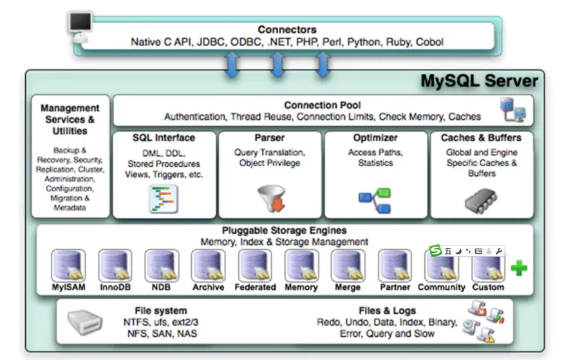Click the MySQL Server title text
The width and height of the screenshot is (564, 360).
pyautogui.click(x=479, y=81)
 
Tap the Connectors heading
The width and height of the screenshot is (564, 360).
pyautogui.click(x=287, y=30)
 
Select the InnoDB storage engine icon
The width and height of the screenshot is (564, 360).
pyautogui.click(x=115, y=265)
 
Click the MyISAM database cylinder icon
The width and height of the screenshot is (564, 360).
pyautogui.click(x=68, y=265)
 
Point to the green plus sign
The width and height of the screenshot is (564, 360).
pyautogui.click(x=519, y=267)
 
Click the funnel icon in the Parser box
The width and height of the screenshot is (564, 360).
pyautogui.click(x=272, y=198)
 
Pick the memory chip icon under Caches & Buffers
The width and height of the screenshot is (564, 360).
pyautogui.click(x=481, y=200)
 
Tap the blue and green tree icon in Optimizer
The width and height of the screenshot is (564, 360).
pyautogui.click(x=375, y=200)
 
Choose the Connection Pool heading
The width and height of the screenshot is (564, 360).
pyautogui.click(x=323, y=105)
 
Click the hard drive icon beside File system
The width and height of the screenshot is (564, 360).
pyautogui.click(x=85, y=322)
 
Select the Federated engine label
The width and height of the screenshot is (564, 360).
pyautogui.click(x=255, y=287)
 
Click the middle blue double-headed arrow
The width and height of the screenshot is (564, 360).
pyautogui.click(x=277, y=64)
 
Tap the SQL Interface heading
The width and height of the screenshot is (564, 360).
pyautogui.click(x=164, y=138)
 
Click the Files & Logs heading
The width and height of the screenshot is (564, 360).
pyautogui.click(x=387, y=310)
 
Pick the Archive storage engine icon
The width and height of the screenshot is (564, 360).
pyautogui.click(x=208, y=265)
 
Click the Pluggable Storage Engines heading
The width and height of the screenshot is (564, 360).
pyautogui.click(x=284, y=230)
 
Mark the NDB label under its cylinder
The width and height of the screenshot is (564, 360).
pyautogui.click(x=161, y=287)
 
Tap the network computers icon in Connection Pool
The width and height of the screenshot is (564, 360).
pyautogui.click(x=513, y=109)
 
